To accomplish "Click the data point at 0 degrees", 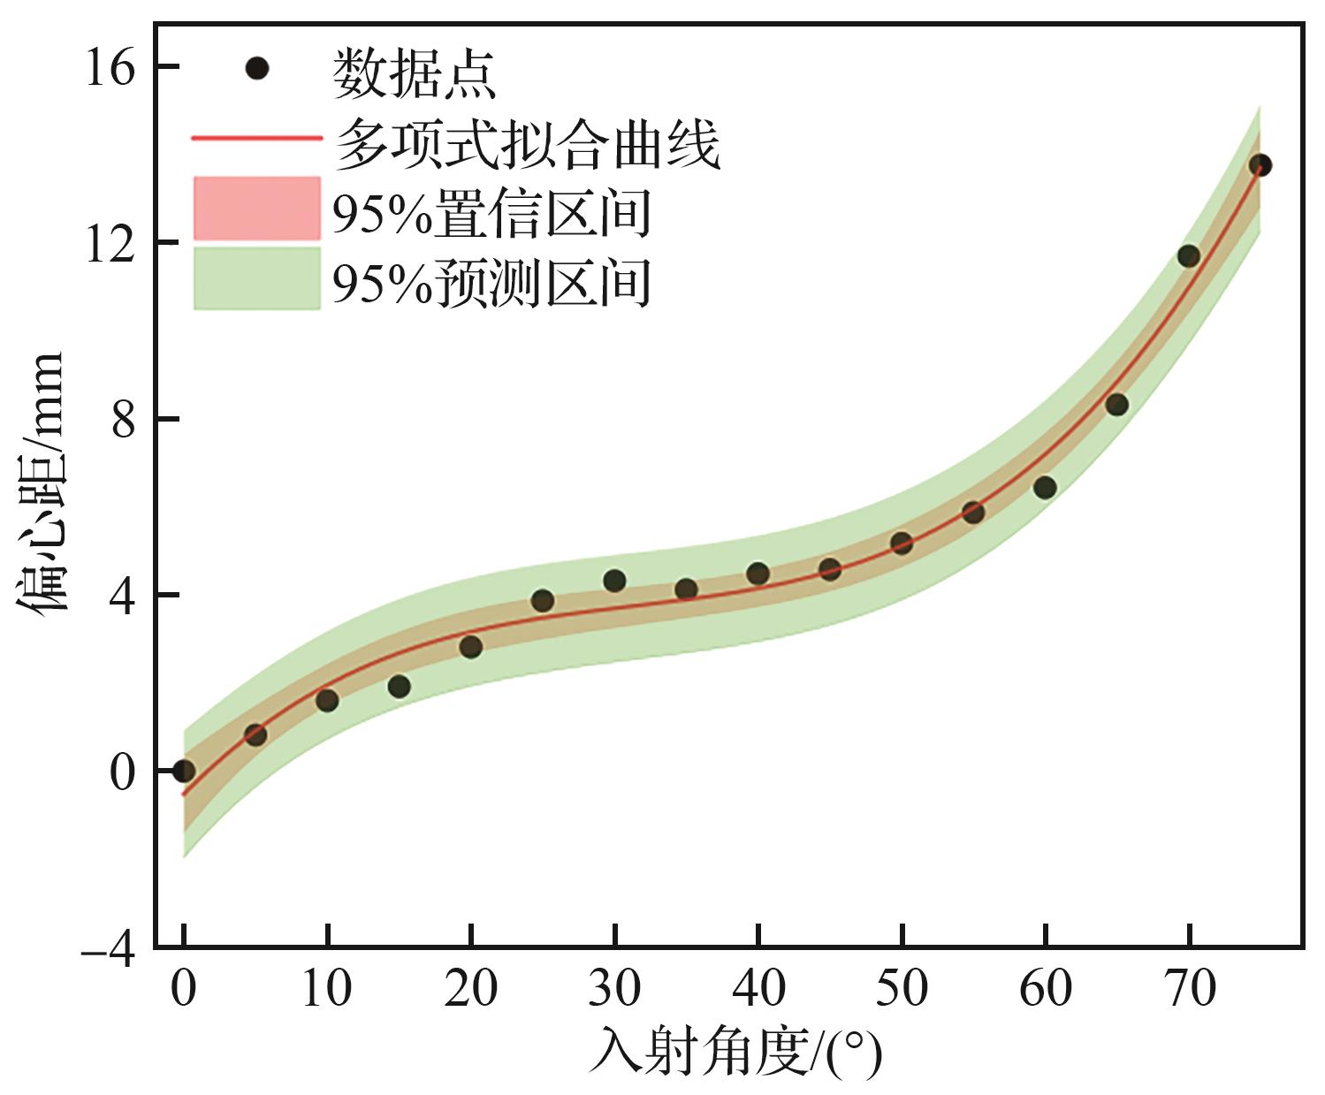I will tap(183, 771).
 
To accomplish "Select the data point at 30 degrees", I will tap(614, 581).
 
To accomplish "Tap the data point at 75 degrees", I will tap(1260, 165).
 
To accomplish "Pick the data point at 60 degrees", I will tap(1045, 487).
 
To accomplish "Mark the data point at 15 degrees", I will tap(399, 686).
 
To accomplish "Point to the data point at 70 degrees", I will tap(1188, 256).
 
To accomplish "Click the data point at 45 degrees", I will tap(829, 569).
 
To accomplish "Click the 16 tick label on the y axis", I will tap(110, 67).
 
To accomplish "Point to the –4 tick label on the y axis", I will tap(108, 952).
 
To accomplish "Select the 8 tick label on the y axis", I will tap(123, 419).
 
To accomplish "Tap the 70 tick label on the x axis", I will tap(1189, 988).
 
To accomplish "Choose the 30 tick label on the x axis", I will tap(614, 988).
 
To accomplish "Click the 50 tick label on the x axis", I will tap(902, 988).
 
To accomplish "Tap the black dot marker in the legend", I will tap(256, 68).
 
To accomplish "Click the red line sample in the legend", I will tap(256, 139).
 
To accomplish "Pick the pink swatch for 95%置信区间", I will tap(256, 209).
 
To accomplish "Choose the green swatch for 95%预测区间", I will tap(256, 278).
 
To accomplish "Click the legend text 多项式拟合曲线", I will tap(528, 143).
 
